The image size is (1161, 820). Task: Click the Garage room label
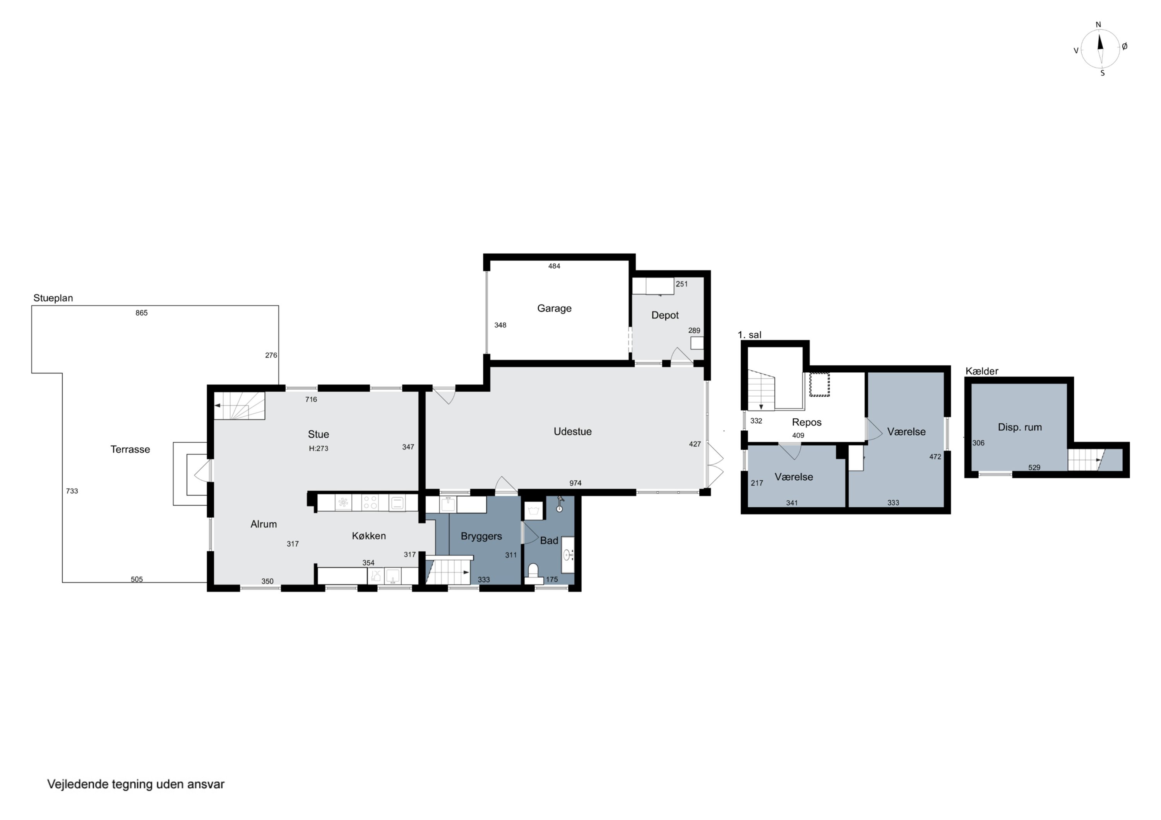(554, 308)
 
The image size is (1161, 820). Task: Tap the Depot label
(665, 315)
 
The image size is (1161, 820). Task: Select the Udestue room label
(572, 431)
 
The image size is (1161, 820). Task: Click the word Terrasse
(130, 449)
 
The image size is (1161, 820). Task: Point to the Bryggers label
(481, 537)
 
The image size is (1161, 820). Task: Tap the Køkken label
(369, 536)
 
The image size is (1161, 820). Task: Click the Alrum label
(264, 524)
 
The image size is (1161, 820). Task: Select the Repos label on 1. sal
(807, 423)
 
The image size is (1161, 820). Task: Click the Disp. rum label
(1019, 428)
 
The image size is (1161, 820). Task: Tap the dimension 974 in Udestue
(575, 483)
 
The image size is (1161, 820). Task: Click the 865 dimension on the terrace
(142, 313)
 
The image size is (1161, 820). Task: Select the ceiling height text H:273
(319, 448)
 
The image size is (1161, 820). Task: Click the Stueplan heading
(53, 298)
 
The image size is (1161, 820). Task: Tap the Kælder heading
(981, 372)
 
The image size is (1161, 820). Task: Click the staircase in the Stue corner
(239, 406)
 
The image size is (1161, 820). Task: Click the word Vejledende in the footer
(78, 784)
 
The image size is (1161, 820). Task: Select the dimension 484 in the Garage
(554, 266)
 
